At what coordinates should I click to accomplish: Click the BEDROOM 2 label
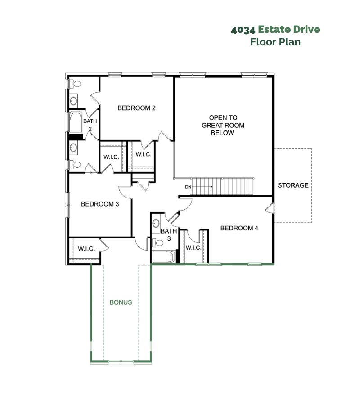(x=137, y=108)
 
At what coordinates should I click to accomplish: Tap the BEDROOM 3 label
(x=100, y=204)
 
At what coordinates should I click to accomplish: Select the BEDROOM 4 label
(x=239, y=228)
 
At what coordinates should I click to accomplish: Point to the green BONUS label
(x=121, y=302)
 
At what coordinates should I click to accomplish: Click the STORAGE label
(x=293, y=185)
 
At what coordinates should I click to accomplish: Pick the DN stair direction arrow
(x=202, y=187)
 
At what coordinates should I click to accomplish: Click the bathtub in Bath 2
(x=76, y=122)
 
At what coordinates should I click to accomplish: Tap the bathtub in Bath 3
(x=163, y=257)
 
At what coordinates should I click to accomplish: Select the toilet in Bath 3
(x=158, y=243)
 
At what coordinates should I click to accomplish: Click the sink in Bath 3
(x=156, y=223)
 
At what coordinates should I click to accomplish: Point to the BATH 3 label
(x=169, y=234)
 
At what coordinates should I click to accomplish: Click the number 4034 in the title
(x=243, y=30)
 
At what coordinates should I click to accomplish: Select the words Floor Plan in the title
(x=275, y=42)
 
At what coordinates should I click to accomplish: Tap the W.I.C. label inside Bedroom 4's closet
(x=193, y=247)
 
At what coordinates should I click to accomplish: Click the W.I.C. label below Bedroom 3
(x=86, y=249)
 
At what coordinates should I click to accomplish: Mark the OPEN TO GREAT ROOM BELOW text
(x=223, y=125)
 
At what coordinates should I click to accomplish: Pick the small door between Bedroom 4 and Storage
(x=270, y=208)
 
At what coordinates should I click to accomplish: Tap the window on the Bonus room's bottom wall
(x=121, y=362)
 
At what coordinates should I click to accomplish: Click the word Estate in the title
(x=274, y=29)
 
